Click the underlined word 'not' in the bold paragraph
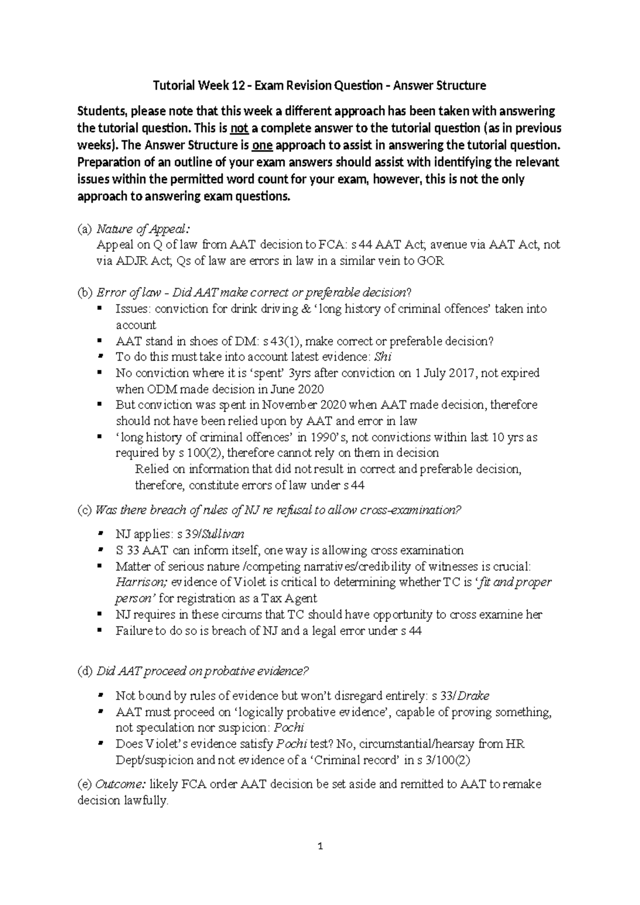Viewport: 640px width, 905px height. tap(237, 129)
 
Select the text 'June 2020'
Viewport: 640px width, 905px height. tap(301, 390)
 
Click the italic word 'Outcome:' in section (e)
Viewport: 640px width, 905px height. tap(120, 784)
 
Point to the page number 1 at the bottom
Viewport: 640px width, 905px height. tap(320, 846)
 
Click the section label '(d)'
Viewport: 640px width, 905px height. tap(85, 671)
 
